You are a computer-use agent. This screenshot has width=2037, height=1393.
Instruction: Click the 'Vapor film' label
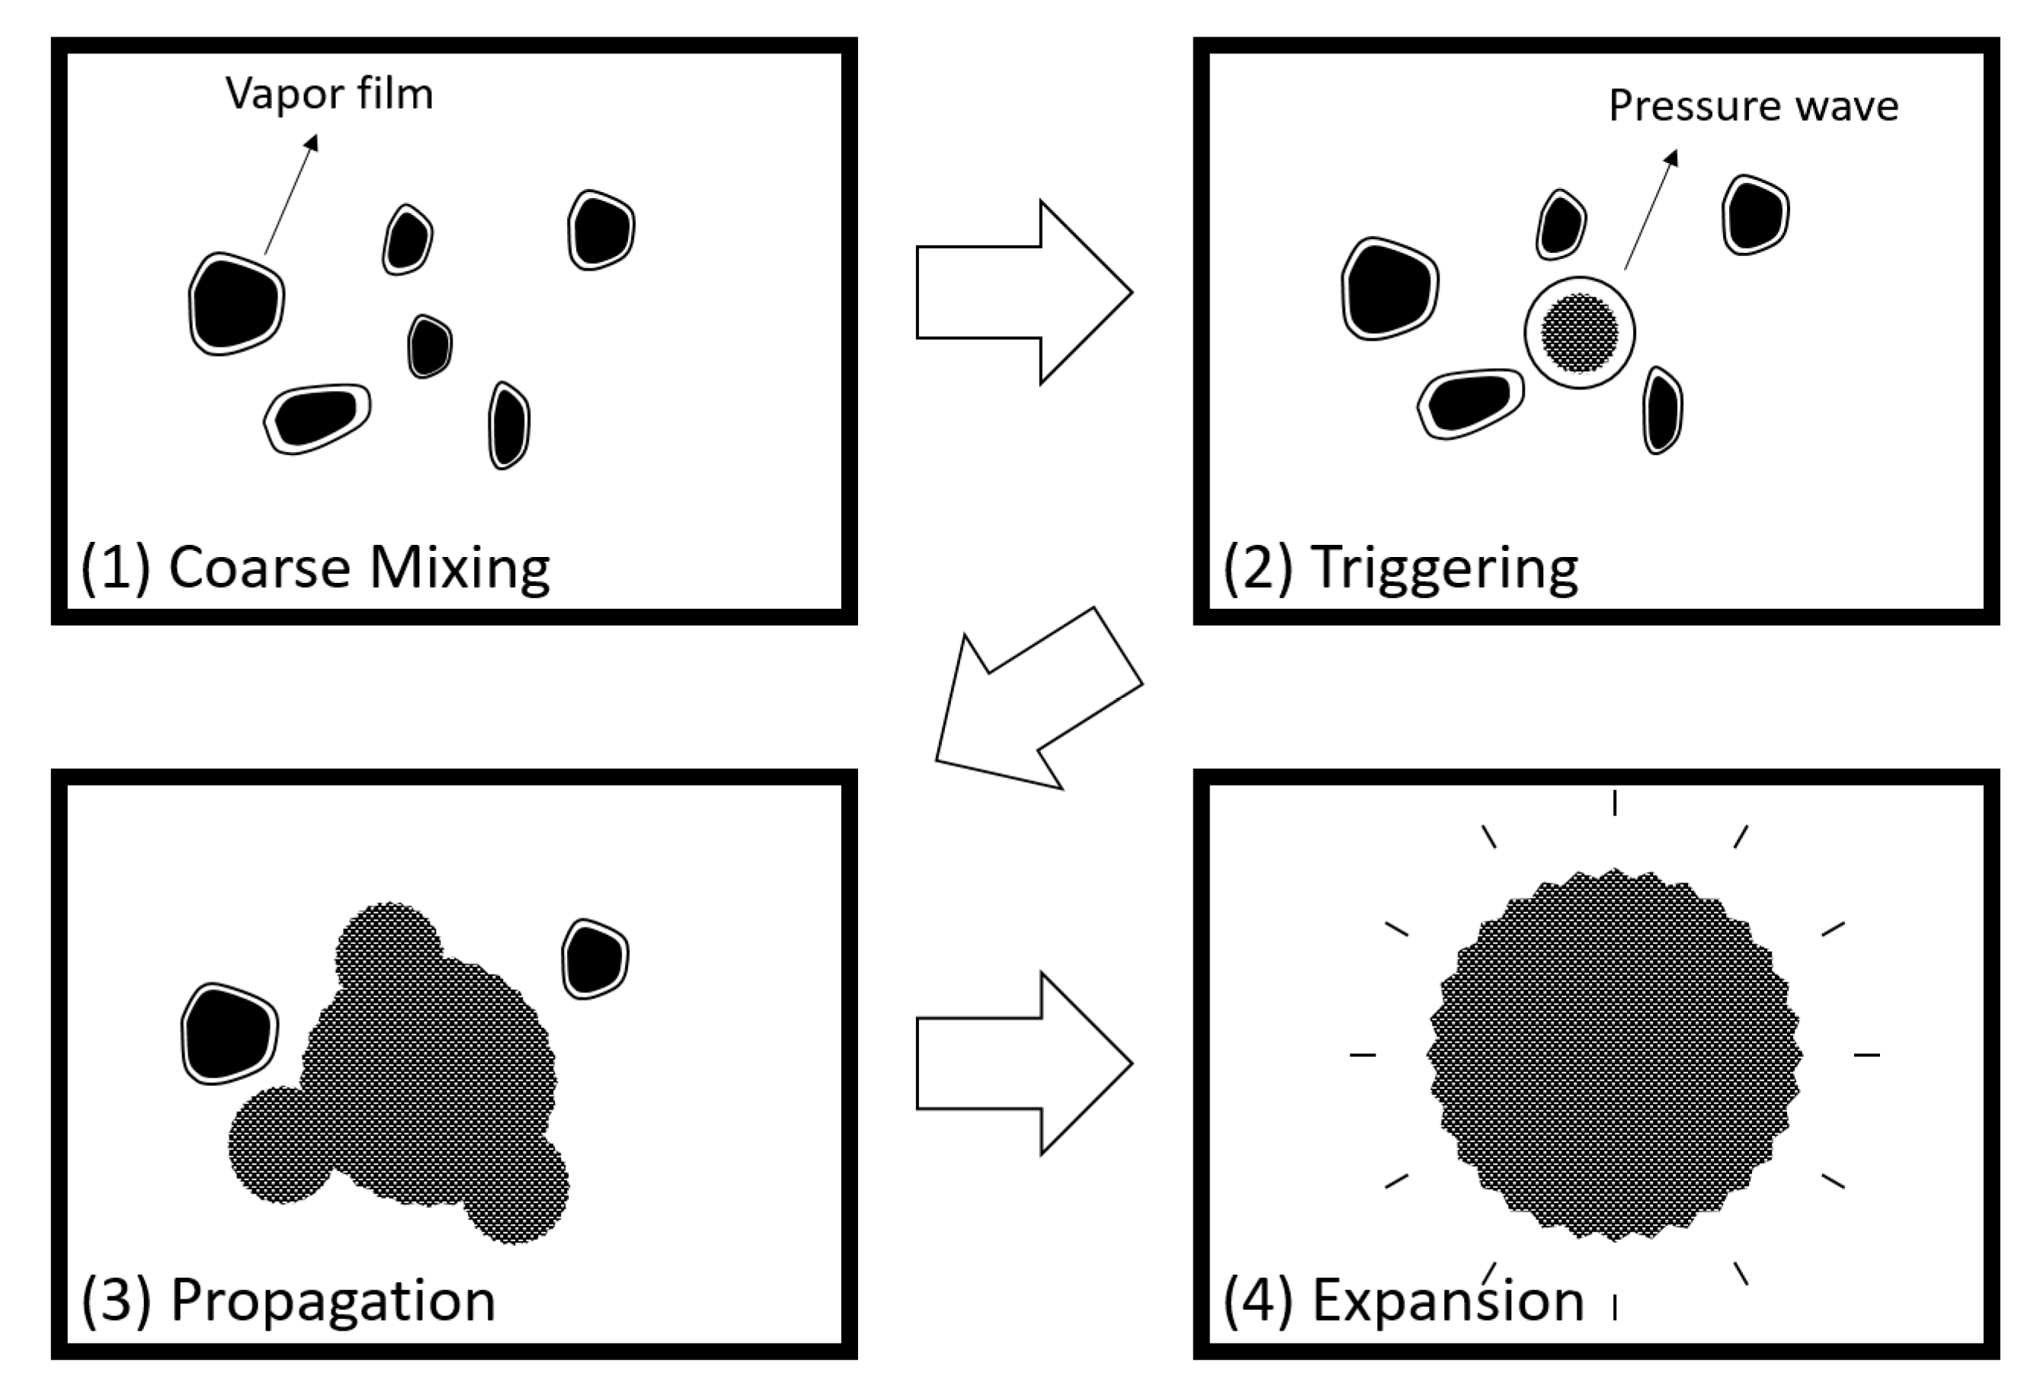(x=328, y=94)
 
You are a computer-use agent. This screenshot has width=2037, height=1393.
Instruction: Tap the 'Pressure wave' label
(x=1753, y=106)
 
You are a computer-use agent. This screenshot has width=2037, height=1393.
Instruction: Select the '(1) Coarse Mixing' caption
(x=315, y=567)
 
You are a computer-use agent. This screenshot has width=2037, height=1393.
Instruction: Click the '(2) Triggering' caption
(x=1400, y=567)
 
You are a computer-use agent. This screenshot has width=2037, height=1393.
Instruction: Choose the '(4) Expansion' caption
(x=1402, y=1299)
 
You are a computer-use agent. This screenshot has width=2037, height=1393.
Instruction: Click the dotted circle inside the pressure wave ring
(x=1580, y=333)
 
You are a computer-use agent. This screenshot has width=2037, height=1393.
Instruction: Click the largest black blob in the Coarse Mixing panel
(x=235, y=303)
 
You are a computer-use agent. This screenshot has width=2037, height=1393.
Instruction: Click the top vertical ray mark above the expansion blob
(x=1615, y=802)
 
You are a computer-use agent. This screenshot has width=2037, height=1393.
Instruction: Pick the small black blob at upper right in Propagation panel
(x=595, y=959)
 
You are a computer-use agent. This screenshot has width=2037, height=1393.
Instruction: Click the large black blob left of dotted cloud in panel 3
(x=229, y=1033)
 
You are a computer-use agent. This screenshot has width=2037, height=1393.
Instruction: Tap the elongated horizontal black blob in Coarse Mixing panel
(x=316, y=418)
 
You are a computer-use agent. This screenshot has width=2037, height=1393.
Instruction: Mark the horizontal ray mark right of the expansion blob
(x=1866, y=1055)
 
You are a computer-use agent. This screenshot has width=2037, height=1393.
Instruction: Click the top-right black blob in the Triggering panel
(x=1755, y=215)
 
